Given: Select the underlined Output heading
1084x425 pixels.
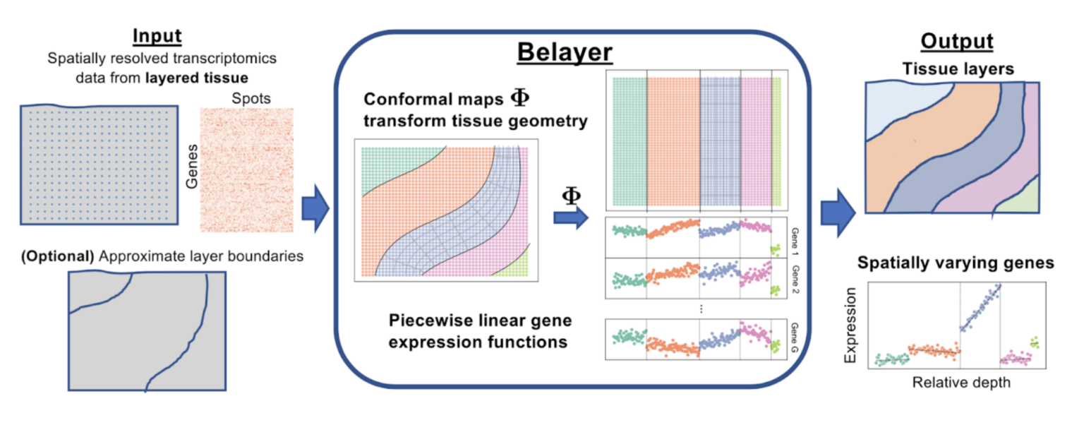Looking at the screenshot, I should tap(956, 41).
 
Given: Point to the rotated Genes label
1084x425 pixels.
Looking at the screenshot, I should tap(189, 167).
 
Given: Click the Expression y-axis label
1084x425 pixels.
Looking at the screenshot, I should tap(852, 324).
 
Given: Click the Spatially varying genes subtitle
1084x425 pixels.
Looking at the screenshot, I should tap(956, 263).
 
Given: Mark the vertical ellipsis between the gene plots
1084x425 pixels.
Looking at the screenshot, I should tap(701, 309).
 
